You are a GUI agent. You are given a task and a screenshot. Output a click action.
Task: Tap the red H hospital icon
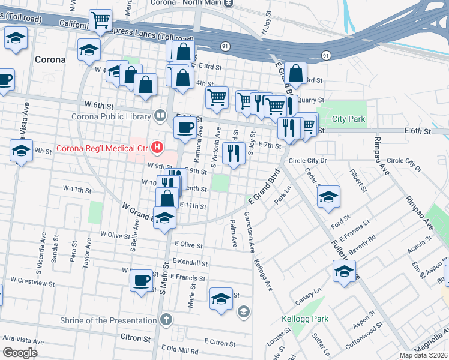(158, 146)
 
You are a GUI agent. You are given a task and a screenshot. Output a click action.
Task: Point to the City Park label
(348, 119)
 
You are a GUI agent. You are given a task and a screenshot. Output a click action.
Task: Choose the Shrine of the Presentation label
(108, 320)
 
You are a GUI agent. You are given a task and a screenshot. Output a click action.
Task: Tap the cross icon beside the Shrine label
(166, 320)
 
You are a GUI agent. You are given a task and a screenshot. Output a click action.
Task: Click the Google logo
(20, 353)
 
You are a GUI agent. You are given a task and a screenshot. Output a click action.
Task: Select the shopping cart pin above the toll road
(101, 20)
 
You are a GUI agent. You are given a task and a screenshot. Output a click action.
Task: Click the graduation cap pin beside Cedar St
(328, 197)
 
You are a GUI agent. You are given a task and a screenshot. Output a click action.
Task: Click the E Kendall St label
(189, 262)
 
